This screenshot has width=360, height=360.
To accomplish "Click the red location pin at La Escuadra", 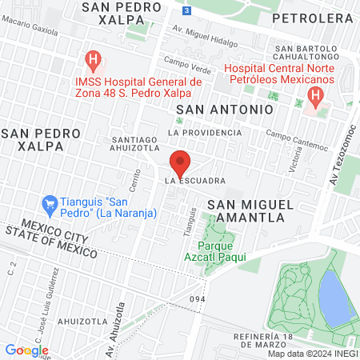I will [180, 163].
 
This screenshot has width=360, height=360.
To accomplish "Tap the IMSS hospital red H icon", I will [94, 59].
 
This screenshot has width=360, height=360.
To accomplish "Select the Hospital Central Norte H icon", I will [314, 98].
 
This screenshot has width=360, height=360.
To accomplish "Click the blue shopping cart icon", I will [49, 204].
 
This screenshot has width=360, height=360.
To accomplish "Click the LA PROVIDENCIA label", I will [204, 132].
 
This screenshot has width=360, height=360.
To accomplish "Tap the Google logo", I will [26, 350].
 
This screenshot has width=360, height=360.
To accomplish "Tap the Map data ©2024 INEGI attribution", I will [311, 354].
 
